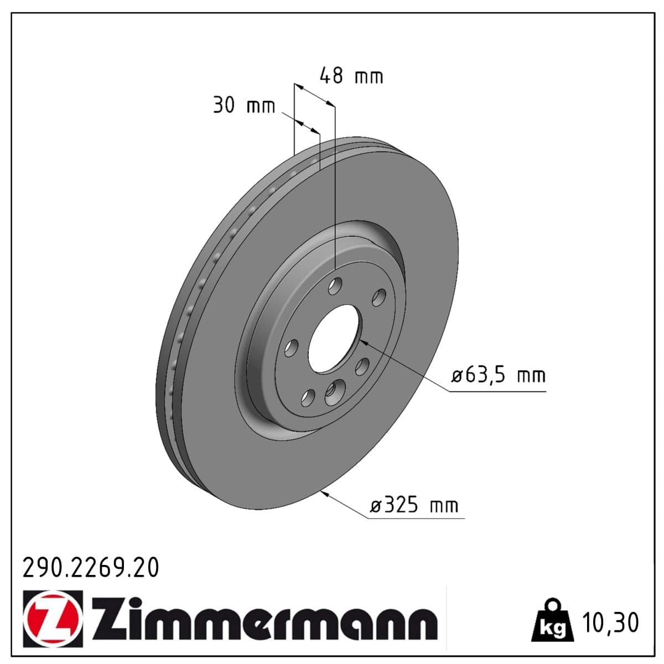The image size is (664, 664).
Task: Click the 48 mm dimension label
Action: tap(351, 76)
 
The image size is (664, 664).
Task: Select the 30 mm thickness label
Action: tap(244, 105)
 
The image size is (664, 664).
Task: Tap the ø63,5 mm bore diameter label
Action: tap(499, 376)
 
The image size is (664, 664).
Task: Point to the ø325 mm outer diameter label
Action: tap(414, 505)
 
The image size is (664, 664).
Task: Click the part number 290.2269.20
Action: tap(90, 568)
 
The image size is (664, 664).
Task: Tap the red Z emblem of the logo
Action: tap(53, 618)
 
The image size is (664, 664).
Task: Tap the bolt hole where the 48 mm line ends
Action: tap(335, 286)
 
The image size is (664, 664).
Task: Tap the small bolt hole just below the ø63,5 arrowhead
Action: tap(362, 366)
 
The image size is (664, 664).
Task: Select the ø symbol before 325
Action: tap(376, 506)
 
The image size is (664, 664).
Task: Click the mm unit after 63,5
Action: tap(531, 376)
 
